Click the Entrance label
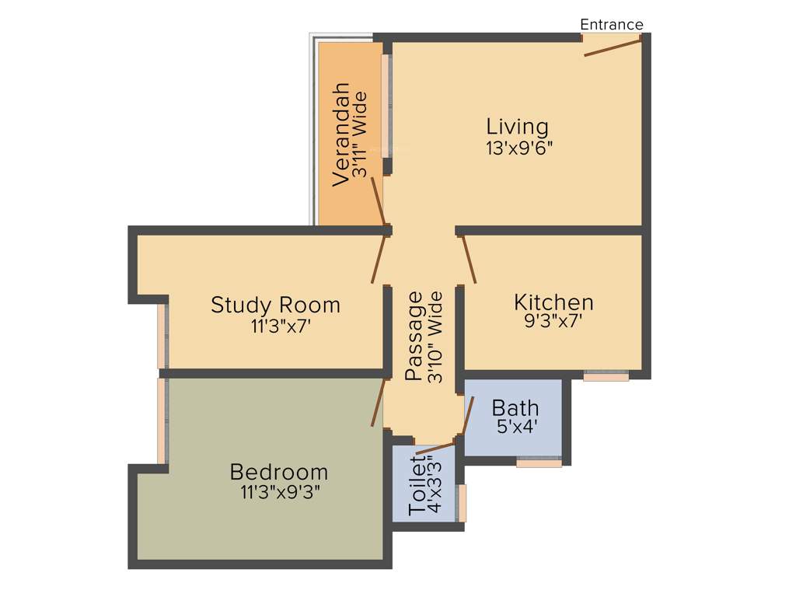(x=612, y=24)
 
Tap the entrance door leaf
(x=613, y=47)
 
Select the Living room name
(x=517, y=126)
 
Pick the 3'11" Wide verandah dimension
(x=359, y=136)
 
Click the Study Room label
(x=275, y=304)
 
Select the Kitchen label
(x=553, y=302)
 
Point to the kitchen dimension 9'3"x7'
(x=553, y=320)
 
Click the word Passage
(x=417, y=336)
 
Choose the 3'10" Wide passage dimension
(x=435, y=337)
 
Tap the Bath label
(x=515, y=407)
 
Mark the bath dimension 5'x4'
(x=517, y=426)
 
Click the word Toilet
(x=417, y=487)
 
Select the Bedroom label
(x=278, y=472)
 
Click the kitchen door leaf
(x=470, y=259)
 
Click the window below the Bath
(x=539, y=463)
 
